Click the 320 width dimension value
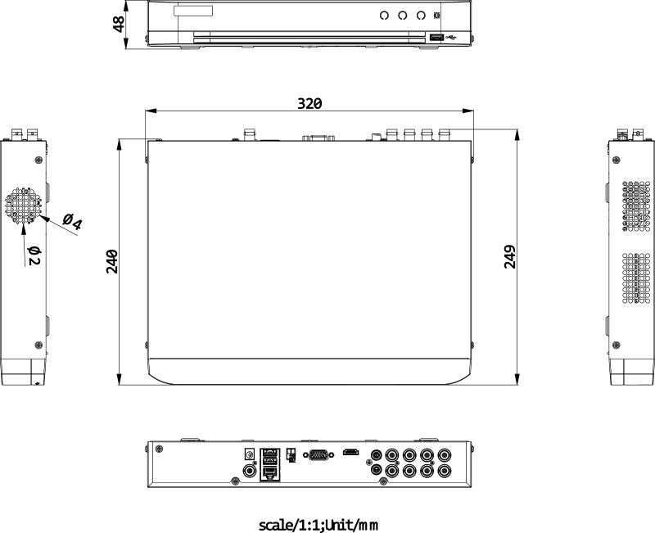pyautogui.click(x=309, y=103)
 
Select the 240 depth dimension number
pyautogui.click(x=113, y=261)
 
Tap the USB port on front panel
pyautogui.click(x=436, y=37)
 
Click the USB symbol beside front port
pyautogui.click(x=454, y=37)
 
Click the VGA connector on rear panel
pyautogui.click(x=318, y=455)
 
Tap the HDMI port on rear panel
pyautogui.click(x=351, y=452)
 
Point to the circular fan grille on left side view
pyautogui.click(x=23, y=208)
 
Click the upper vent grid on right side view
pyautogui.click(x=635, y=204)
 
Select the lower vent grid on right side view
pyautogui.click(x=635, y=278)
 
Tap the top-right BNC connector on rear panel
pyautogui.click(x=444, y=455)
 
